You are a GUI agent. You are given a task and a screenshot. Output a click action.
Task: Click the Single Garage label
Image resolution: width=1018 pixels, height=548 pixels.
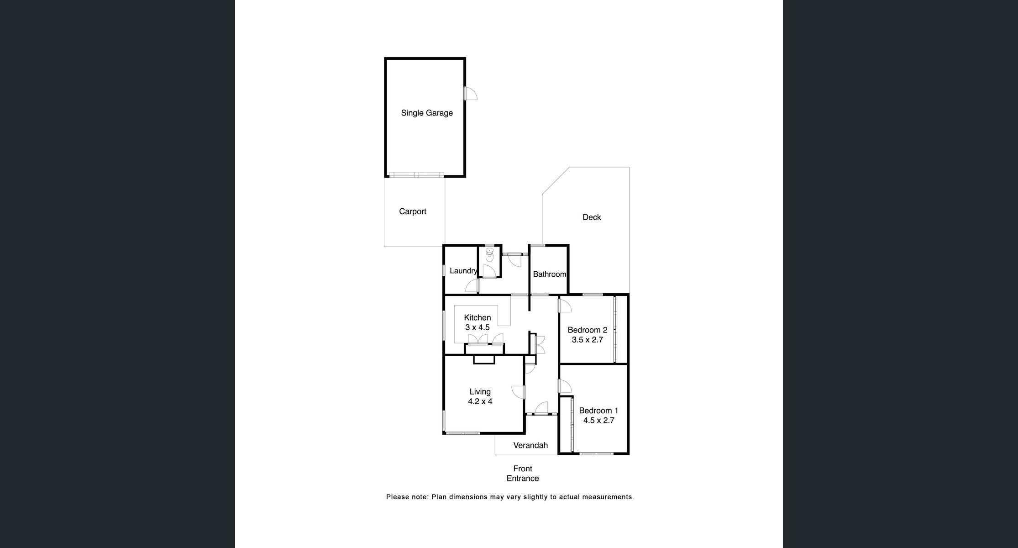click(427, 113)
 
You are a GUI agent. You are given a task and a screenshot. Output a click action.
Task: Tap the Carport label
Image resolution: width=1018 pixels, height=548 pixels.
click(413, 211)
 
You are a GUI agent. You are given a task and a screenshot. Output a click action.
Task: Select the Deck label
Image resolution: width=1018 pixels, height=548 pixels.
click(592, 217)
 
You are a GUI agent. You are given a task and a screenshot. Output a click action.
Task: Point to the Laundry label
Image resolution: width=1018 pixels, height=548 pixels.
click(463, 271)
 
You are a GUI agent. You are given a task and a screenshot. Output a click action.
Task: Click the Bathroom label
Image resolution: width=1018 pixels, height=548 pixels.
click(550, 274)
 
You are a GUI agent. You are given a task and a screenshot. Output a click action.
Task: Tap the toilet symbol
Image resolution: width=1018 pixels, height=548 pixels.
click(489, 254)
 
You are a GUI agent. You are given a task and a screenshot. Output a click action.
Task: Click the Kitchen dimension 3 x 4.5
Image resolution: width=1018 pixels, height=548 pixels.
click(477, 327)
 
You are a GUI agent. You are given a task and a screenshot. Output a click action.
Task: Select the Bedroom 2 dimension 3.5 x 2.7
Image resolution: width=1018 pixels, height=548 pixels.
click(588, 340)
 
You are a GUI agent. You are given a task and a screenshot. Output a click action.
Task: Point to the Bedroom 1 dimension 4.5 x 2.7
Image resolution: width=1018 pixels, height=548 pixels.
click(599, 420)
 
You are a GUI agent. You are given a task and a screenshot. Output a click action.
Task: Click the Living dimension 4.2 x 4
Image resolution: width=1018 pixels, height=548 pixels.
click(480, 402)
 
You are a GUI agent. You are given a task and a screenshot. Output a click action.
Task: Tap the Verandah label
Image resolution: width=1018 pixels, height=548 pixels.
click(530, 445)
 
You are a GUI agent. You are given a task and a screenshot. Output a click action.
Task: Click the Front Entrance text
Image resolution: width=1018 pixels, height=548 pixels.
click(523, 474)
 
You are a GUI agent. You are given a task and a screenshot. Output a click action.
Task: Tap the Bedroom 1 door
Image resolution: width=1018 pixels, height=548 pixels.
click(565, 386)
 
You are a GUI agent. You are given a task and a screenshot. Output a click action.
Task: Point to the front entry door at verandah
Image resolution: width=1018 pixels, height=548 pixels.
click(541, 408)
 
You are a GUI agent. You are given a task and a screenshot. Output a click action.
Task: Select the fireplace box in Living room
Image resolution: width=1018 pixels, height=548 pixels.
click(484, 360)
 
